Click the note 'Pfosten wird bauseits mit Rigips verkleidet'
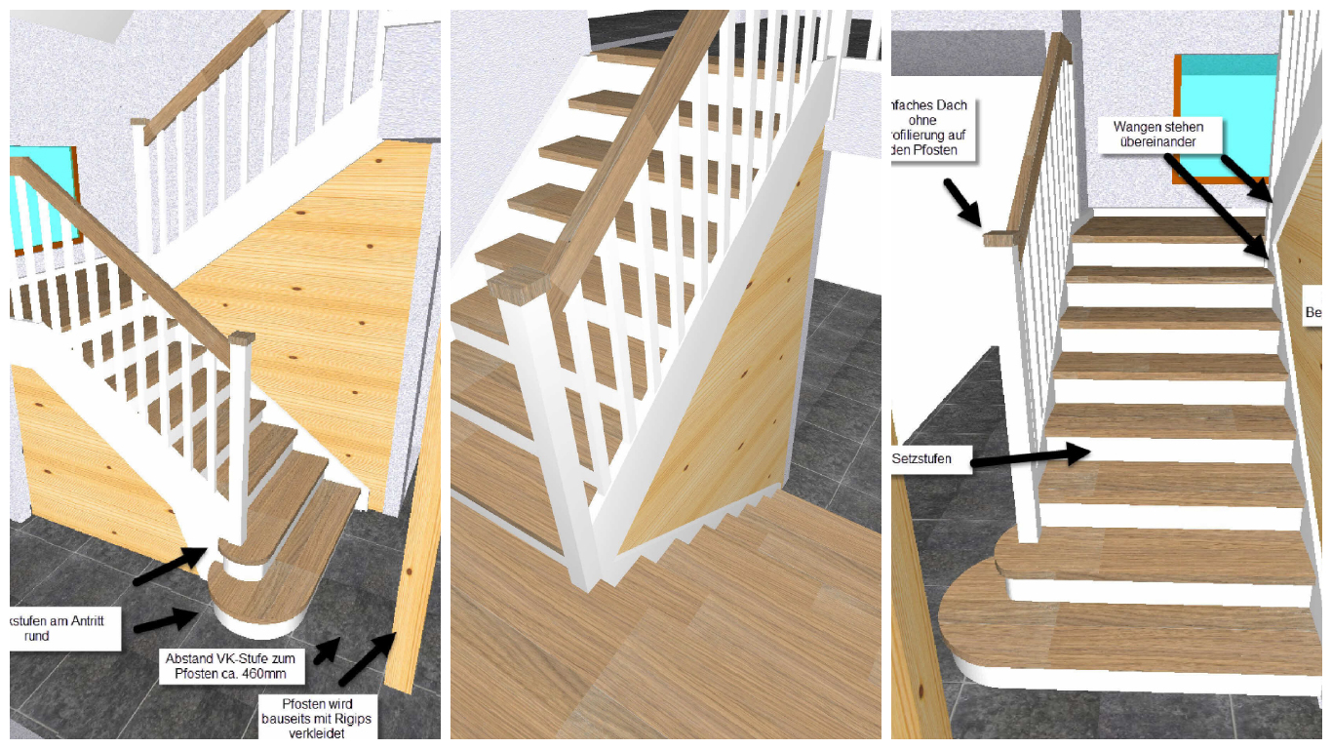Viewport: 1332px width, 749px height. click(x=317, y=718)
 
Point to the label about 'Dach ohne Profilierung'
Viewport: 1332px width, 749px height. click(x=929, y=128)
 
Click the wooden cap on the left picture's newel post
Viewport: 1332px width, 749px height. click(x=241, y=338)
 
